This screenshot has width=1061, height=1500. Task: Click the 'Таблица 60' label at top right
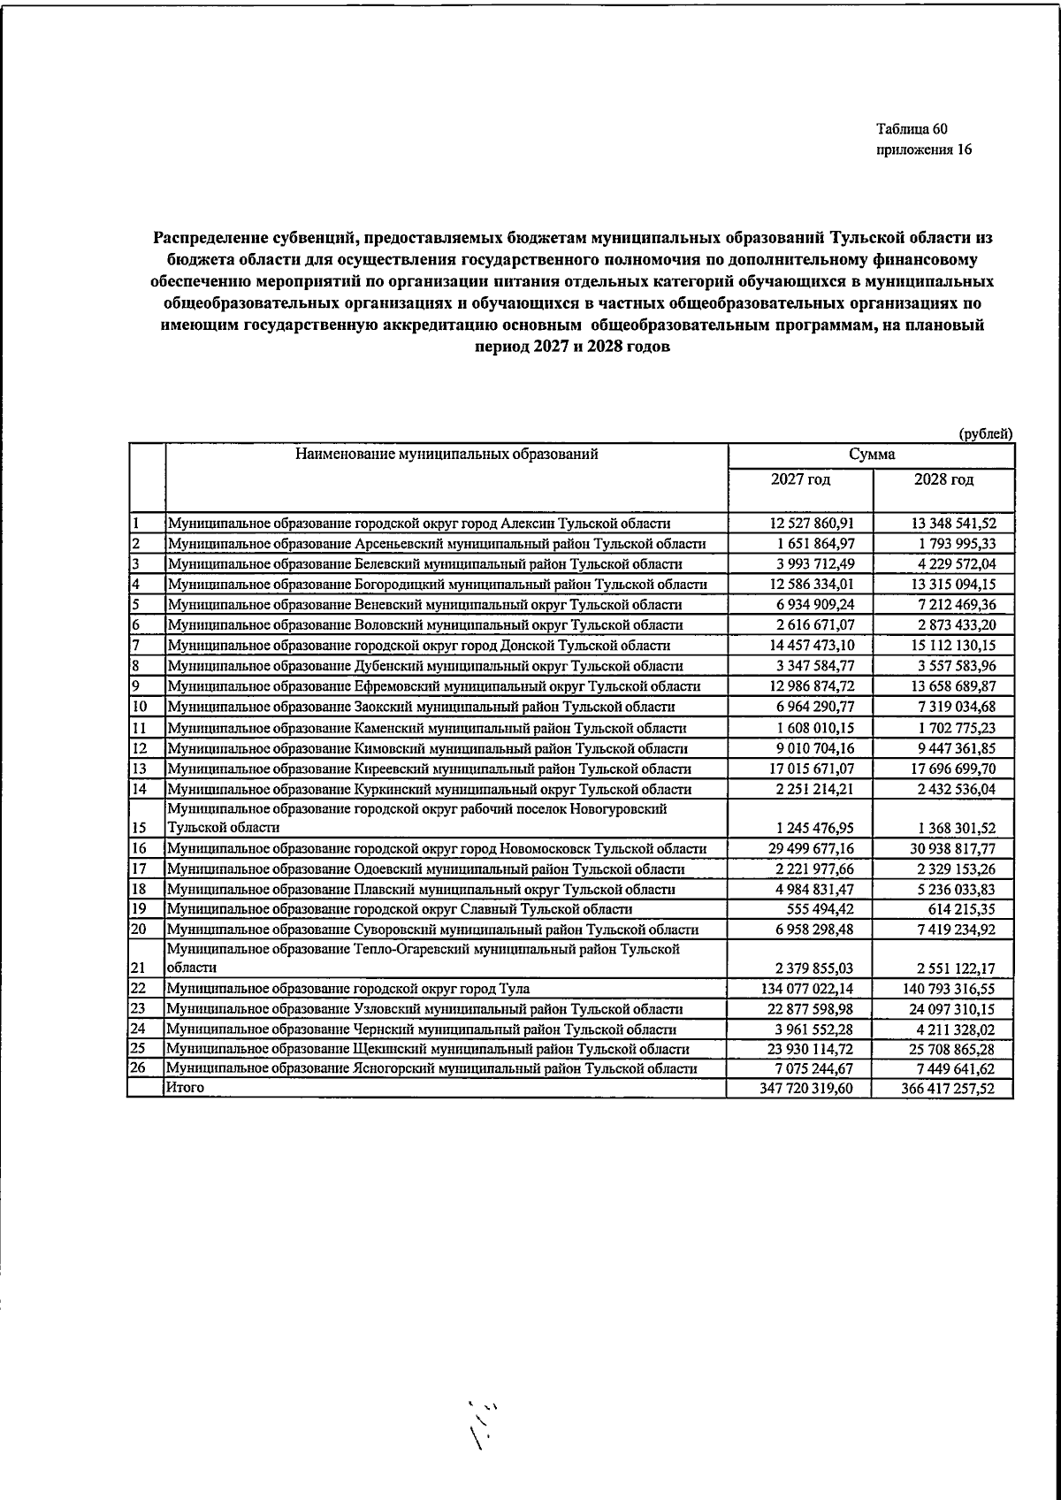(912, 129)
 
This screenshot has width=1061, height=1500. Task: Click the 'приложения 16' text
(923, 149)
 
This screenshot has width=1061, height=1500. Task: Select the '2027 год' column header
(800, 479)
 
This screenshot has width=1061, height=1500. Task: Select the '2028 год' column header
(943, 479)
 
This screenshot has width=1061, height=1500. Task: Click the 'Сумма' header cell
(871, 455)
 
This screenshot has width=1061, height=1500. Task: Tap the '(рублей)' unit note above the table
(985, 433)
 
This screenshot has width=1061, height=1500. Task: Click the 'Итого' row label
(186, 1088)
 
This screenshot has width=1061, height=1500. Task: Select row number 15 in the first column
(137, 828)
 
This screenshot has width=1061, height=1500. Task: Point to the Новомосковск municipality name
(437, 849)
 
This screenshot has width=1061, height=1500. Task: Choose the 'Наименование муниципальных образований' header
(447, 455)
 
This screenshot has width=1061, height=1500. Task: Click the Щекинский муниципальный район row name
(428, 1049)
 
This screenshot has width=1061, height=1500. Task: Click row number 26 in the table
(138, 1068)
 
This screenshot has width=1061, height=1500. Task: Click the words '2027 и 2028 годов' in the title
(601, 347)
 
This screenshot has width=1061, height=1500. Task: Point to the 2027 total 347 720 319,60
(805, 1089)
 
